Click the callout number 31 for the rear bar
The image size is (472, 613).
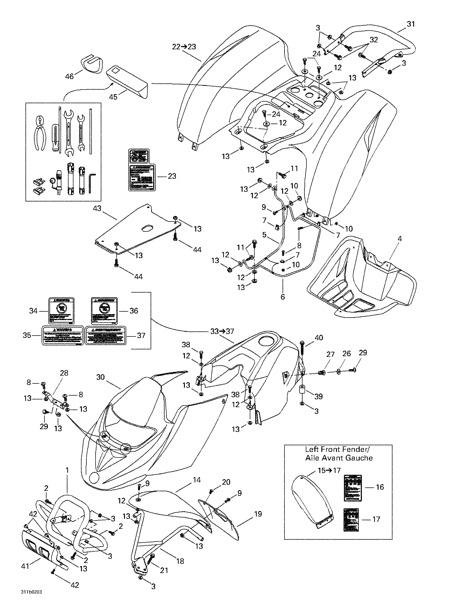pos(411,24)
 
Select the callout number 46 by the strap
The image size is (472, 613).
pos(69,76)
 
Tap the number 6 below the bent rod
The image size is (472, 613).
pos(283,296)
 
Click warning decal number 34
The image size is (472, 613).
pos(61,311)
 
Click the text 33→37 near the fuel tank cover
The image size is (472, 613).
pos(222,331)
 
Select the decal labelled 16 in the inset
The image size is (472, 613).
pos(353,488)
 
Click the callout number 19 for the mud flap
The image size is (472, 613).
pos(258,514)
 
